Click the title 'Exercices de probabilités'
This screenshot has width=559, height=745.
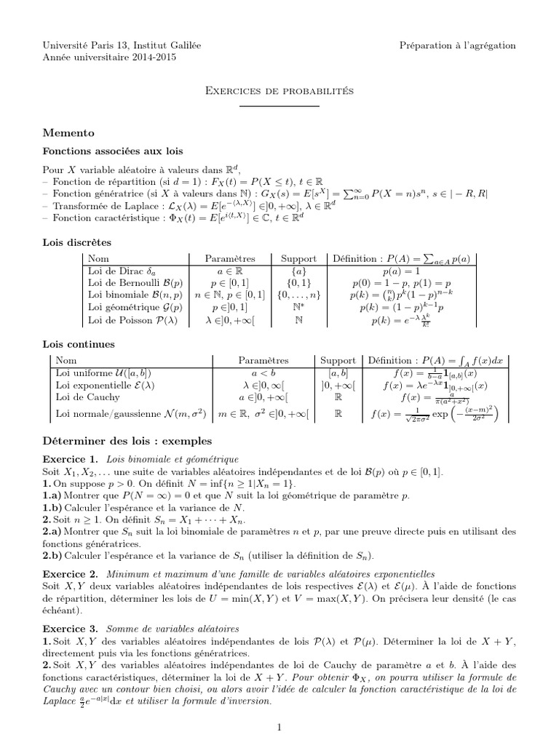click(279, 91)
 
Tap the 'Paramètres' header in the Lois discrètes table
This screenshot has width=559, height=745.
click(230, 258)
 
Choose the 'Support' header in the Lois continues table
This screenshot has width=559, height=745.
click(338, 360)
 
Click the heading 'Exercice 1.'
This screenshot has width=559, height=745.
click(69, 460)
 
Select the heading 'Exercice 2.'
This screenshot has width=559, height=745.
click(69, 573)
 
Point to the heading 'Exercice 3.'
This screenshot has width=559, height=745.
click(69, 627)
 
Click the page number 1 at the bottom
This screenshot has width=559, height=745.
click(279, 726)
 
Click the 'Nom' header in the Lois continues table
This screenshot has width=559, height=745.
click(66, 360)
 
